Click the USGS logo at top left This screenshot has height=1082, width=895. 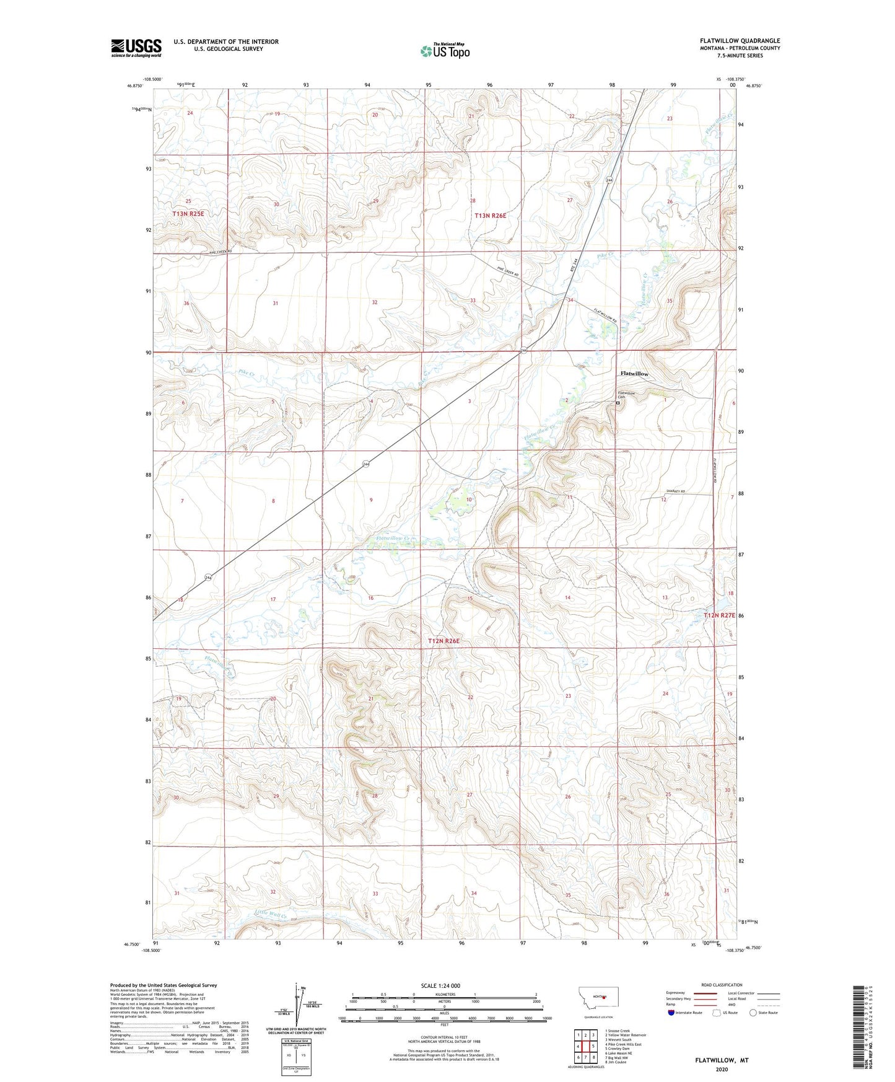pyautogui.click(x=136, y=48)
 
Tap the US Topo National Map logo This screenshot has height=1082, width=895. pyautogui.click(x=445, y=50)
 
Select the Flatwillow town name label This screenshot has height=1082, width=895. pyautogui.click(x=634, y=374)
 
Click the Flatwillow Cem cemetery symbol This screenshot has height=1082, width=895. pyautogui.click(x=618, y=402)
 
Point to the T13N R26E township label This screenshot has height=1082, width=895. pyautogui.click(x=491, y=216)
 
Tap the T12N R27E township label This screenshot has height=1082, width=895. pyautogui.click(x=718, y=615)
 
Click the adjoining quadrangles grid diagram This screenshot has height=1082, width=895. pyautogui.click(x=585, y=1047)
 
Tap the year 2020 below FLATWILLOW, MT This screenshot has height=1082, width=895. pyautogui.click(x=721, y=1069)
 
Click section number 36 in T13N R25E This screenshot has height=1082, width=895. pyautogui.click(x=186, y=303)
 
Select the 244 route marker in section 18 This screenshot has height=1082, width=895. pyautogui.click(x=208, y=578)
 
